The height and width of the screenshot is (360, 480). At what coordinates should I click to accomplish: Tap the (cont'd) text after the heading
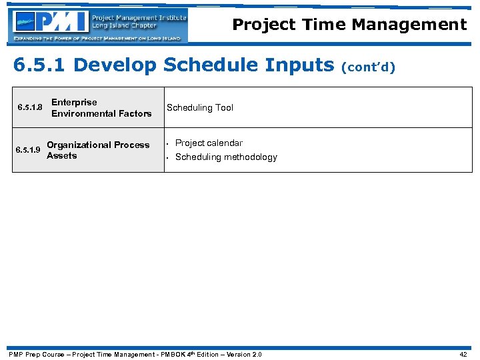[369, 67]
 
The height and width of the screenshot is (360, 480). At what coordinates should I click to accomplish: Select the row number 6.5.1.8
[29, 108]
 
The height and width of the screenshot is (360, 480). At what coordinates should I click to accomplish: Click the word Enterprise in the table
[74, 102]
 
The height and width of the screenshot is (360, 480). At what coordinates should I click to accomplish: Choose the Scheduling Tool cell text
[200, 107]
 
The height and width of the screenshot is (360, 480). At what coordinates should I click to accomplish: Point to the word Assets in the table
[62, 155]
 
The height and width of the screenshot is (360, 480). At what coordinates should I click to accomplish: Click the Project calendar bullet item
[209, 143]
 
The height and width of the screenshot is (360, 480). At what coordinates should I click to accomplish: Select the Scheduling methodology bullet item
[226, 157]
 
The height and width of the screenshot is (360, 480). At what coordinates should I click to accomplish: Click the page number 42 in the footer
[463, 354]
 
